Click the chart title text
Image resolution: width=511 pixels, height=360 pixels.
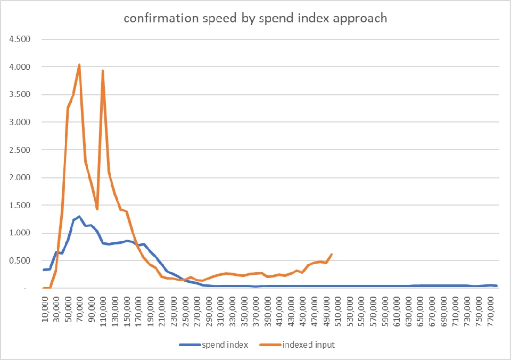coord(256,18)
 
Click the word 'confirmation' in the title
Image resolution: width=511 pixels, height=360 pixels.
coord(161,18)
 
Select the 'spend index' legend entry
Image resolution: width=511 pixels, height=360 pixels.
coord(214,345)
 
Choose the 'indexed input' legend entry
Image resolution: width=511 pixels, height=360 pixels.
coord(297,345)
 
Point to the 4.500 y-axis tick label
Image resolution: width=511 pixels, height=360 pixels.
coord(20,39)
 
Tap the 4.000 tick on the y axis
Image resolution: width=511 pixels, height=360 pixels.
coord(20,67)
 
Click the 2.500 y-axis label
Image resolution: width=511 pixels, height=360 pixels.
coord(20,150)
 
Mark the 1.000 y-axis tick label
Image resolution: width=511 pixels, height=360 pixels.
coord(20,233)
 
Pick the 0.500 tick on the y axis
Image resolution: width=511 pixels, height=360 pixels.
coord(20,260)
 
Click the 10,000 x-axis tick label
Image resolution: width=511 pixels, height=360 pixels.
coord(45,309)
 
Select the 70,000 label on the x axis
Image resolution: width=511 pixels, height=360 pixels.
coord(80,309)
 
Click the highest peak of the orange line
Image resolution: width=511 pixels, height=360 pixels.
coord(79,65)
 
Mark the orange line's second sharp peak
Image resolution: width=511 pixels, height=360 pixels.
coord(103,70)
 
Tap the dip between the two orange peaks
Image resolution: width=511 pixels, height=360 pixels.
coord(97,209)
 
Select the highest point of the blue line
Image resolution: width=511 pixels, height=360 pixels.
coord(79,217)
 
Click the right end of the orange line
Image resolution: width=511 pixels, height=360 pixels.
coord(332,255)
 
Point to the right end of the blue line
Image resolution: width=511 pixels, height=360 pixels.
coord(496,285)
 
